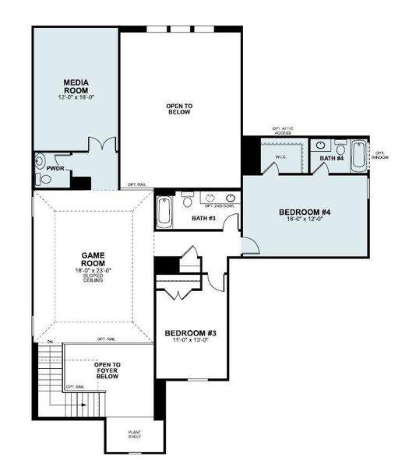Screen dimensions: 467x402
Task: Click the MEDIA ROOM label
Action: pyautogui.click(x=75, y=85)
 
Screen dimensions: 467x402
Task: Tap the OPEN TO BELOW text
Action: pyautogui.click(x=179, y=109)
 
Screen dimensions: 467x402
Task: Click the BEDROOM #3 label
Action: pyautogui.click(x=190, y=334)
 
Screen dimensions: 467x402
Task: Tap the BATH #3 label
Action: pyautogui.click(x=203, y=219)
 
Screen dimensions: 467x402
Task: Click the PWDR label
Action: pyautogui.click(x=55, y=167)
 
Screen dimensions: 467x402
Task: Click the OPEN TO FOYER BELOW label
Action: pyautogui.click(x=107, y=370)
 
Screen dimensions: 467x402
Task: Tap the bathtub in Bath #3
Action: pyautogui.click(x=166, y=210)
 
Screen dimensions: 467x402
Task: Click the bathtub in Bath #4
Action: pyautogui.click(x=358, y=156)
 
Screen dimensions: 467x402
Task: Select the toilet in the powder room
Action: pyautogui.click(x=43, y=179)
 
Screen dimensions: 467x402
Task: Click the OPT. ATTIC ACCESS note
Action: pyautogui.click(x=282, y=131)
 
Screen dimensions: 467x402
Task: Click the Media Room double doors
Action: pyautogui.click(x=101, y=145)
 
